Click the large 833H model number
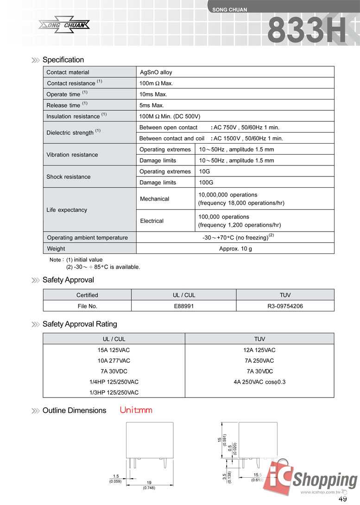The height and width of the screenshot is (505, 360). (x=307, y=32)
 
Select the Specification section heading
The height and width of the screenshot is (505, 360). (x=63, y=60)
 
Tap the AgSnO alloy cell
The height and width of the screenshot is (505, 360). (x=156, y=72)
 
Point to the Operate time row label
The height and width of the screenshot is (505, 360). (x=63, y=95)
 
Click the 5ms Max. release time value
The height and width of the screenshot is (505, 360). (x=152, y=105)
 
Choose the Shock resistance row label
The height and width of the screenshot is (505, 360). (x=69, y=177)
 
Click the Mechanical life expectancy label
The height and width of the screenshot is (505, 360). (x=155, y=199)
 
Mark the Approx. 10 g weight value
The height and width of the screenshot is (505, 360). (x=235, y=248)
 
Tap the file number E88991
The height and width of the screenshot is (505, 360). (x=183, y=306)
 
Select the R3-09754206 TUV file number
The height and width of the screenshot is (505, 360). (x=285, y=306)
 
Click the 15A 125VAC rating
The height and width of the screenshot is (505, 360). (x=114, y=350)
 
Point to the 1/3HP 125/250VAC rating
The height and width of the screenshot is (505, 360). (x=114, y=392)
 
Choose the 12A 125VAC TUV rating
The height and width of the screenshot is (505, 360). (x=259, y=350)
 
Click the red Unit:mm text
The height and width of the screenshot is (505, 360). (x=136, y=410)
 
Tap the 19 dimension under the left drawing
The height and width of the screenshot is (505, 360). (x=149, y=483)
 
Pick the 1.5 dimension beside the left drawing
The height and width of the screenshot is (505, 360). (x=115, y=476)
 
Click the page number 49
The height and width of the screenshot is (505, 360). (x=343, y=499)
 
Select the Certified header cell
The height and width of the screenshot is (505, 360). (x=87, y=295)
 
